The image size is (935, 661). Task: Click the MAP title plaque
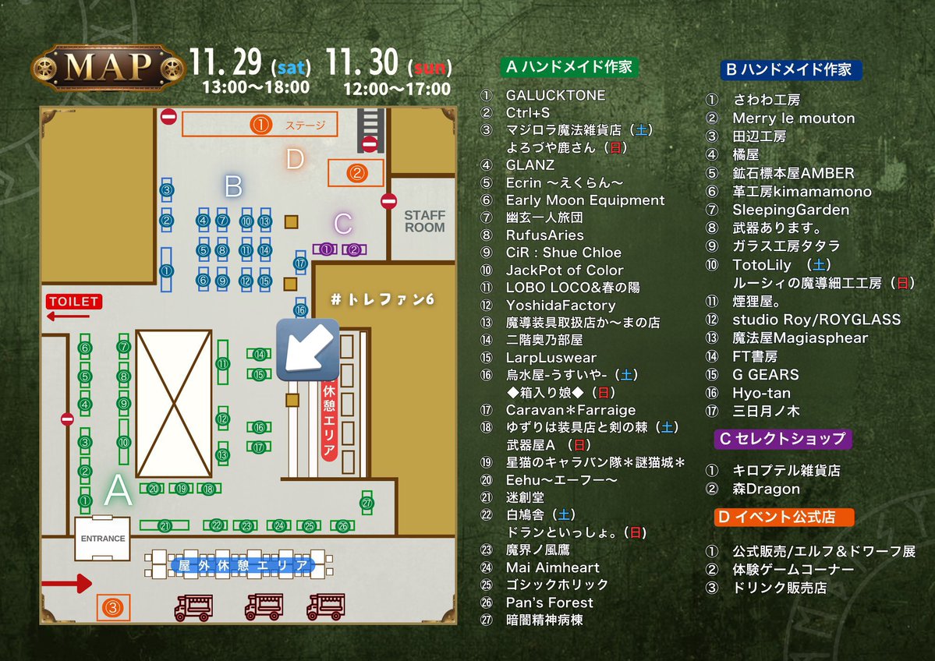(107, 68)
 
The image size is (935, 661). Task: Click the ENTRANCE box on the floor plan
(102, 538)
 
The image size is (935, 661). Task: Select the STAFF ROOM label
(424, 221)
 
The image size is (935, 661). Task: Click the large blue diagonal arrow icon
(307, 349)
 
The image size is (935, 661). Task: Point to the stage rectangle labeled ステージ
(260, 124)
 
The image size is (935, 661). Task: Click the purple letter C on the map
(342, 224)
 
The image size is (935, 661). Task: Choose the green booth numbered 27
(367, 504)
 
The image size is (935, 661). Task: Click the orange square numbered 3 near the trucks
(114, 606)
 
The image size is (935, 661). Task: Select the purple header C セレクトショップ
(782, 438)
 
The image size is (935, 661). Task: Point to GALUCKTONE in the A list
(555, 95)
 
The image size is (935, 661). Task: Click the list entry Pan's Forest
(549, 603)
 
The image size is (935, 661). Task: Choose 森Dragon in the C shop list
(766, 489)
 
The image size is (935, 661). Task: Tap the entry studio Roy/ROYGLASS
(816, 320)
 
